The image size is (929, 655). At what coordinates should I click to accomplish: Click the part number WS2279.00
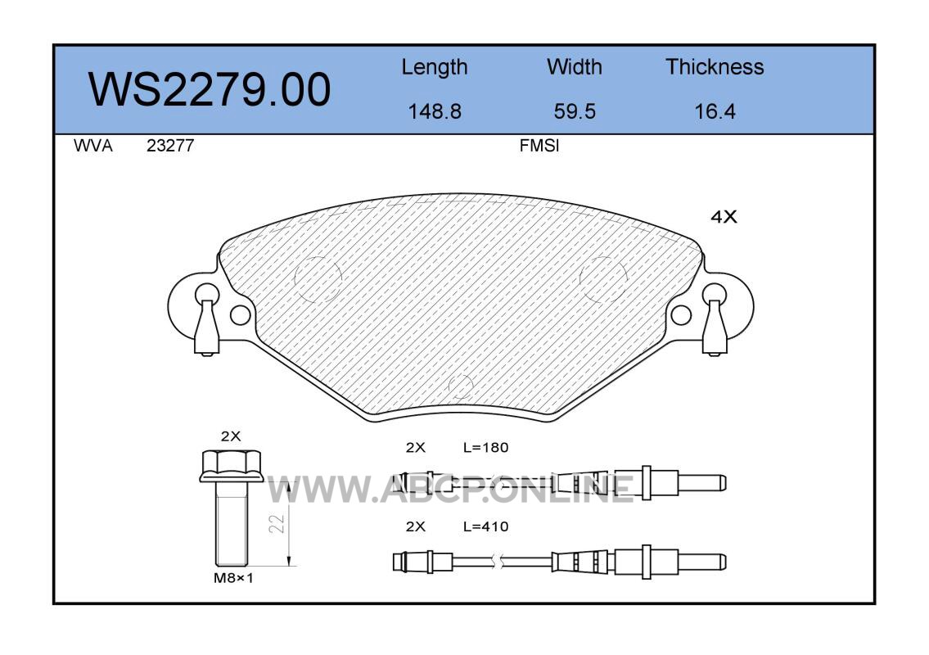pyautogui.click(x=210, y=90)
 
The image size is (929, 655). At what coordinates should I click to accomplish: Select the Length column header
pyautogui.click(x=435, y=68)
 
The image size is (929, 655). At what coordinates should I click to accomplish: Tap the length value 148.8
pyautogui.click(x=435, y=111)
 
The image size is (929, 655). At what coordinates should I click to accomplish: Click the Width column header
pyautogui.click(x=574, y=66)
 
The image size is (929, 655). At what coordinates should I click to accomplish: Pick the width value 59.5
pyautogui.click(x=574, y=111)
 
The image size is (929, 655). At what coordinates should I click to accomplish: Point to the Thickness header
pyautogui.click(x=715, y=66)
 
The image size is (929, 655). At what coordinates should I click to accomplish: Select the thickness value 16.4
pyautogui.click(x=715, y=111)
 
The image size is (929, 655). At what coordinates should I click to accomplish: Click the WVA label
pyautogui.click(x=93, y=146)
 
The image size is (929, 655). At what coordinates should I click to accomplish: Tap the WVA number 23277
pyautogui.click(x=170, y=146)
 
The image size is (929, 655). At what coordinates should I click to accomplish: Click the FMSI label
pyautogui.click(x=539, y=146)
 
